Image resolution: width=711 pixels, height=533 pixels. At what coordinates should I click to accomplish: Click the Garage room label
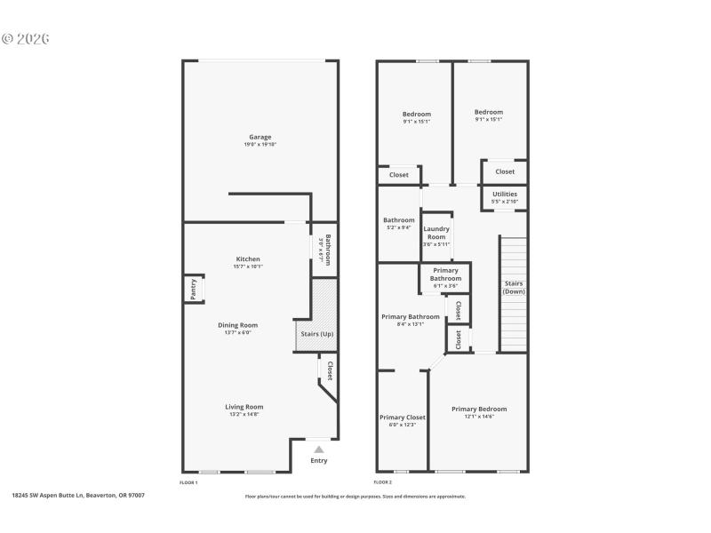260,137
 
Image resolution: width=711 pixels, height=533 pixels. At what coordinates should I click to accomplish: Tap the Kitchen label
248,259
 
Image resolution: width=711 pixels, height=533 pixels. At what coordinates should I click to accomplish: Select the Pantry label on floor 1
193,290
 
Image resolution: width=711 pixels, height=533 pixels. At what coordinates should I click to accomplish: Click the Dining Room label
237,325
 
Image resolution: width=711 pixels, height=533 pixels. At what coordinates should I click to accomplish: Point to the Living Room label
244,407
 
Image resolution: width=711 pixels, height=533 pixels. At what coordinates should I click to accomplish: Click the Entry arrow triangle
319,449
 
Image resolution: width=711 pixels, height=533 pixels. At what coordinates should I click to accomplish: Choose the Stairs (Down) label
514,287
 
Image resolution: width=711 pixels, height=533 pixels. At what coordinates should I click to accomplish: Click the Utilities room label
504,194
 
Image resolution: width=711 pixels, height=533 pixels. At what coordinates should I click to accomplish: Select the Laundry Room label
436,234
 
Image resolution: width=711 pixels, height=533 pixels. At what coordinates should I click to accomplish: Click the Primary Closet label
403,417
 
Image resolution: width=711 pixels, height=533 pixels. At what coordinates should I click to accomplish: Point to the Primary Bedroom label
479,409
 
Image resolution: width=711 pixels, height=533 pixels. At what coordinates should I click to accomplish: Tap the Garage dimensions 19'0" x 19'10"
260,145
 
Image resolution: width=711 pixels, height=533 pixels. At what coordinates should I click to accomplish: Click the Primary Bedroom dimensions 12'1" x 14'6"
479,417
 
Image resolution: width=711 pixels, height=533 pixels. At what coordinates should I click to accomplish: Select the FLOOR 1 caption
188,482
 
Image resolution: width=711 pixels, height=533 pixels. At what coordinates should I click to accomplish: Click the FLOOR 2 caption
382,482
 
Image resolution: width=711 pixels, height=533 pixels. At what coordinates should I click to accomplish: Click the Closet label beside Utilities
505,171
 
